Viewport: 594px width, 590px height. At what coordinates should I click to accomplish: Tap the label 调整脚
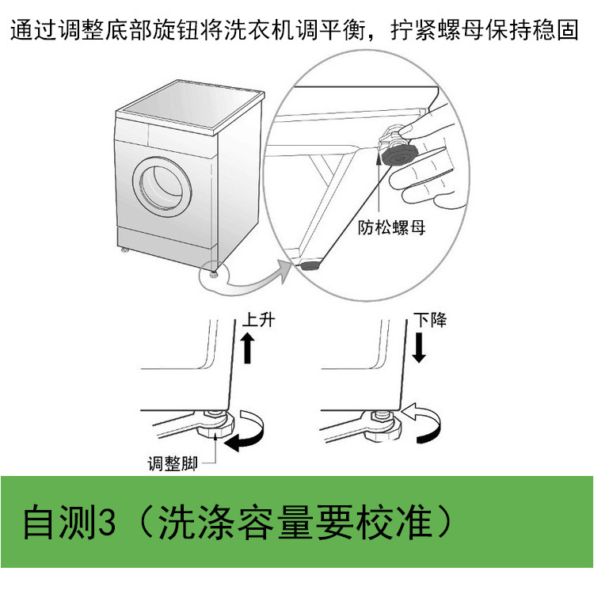tap(171, 463)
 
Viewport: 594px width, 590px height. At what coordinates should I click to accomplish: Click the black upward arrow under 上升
tap(247, 348)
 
